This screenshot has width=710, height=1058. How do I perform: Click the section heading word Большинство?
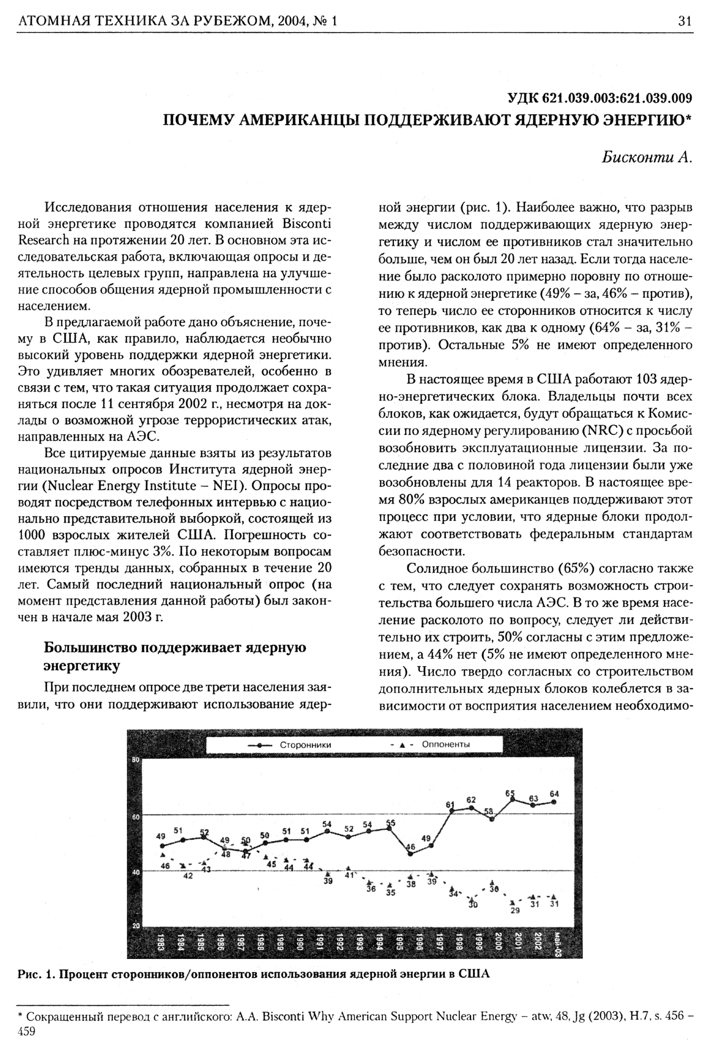pyautogui.click(x=91, y=648)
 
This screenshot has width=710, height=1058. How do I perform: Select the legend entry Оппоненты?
pyautogui.click(x=446, y=744)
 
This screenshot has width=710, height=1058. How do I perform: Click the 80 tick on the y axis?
pyautogui.click(x=135, y=760)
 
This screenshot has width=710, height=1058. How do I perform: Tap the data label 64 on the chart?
pyautogui.click(x=554, y=794)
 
